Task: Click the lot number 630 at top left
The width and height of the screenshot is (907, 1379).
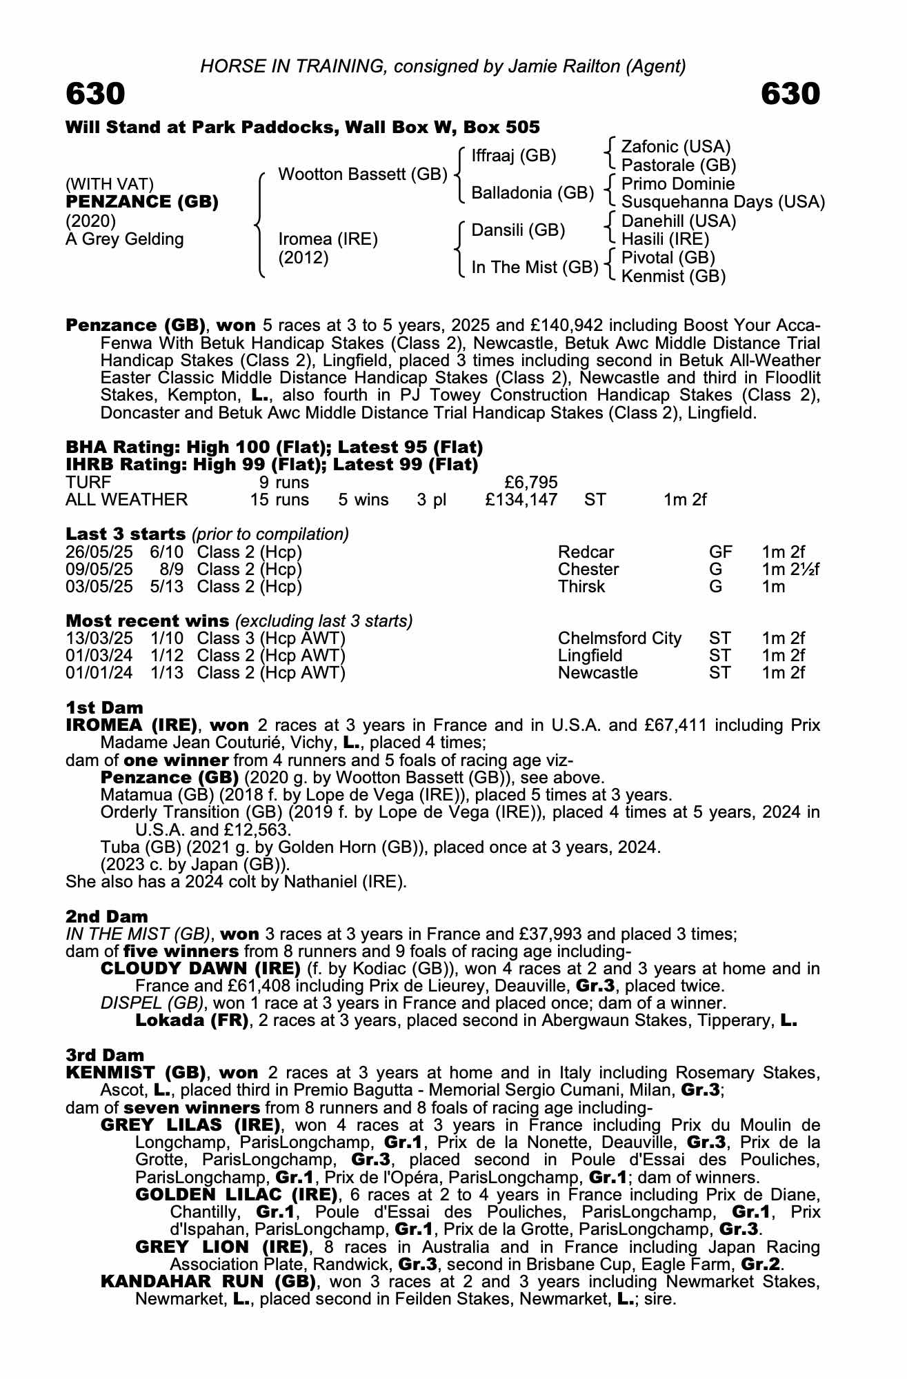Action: click(x=95, y=94)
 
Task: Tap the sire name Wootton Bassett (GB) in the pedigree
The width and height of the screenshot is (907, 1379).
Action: click(x=363, y=174)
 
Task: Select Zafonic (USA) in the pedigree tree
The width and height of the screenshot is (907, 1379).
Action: click(x=676, y=147)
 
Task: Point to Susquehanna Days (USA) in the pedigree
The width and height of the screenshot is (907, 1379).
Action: click(x=723, y=202)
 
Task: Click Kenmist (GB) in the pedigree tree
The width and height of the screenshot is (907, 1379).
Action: click(x=673, y=276)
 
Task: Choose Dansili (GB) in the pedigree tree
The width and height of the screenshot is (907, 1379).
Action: click(x=518, y=230)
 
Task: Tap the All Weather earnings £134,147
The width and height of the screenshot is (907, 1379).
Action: click(x=521, y=499)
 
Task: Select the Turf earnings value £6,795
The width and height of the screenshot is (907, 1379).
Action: click(x=530, y=482)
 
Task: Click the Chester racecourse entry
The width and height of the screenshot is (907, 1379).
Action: click(x=588, y=570)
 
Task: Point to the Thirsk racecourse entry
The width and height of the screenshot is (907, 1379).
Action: click(x=581, y=587)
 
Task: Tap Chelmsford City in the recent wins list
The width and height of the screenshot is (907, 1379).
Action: click(x=619, y=638)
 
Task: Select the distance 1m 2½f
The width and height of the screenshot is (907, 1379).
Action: click(x=790, y=570)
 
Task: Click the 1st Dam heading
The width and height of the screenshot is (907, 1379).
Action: click(x=105, y=707)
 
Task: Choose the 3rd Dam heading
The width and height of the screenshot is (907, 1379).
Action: click(x=106, y=1055)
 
